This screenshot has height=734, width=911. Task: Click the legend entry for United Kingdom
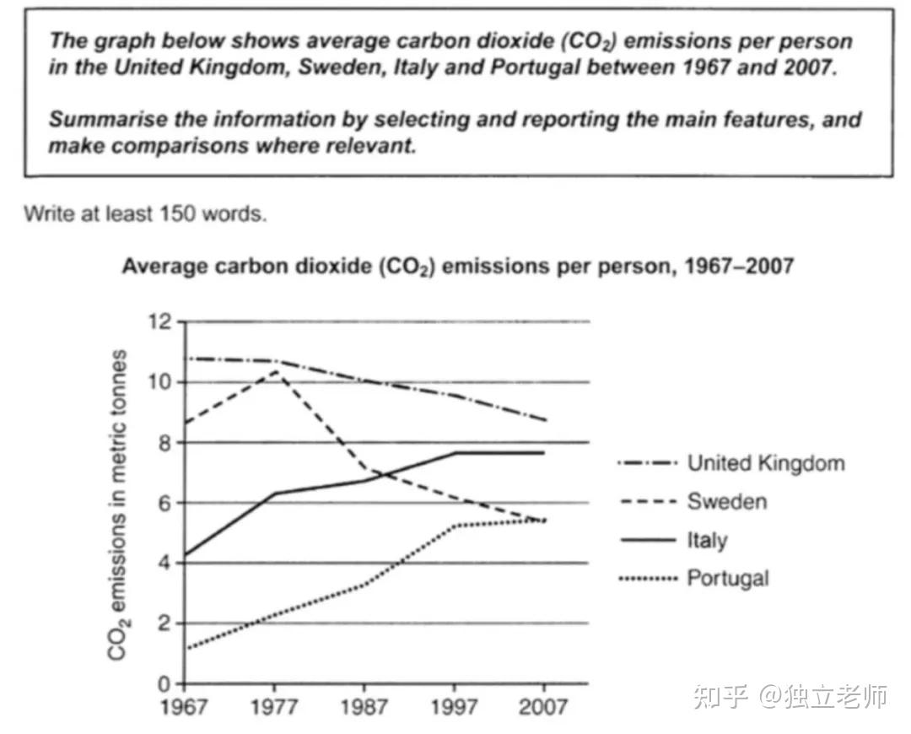[765, 462]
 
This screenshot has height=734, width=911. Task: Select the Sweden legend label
[726, 501]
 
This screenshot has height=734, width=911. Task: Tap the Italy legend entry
[707, 540]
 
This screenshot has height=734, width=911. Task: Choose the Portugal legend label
[728, 578]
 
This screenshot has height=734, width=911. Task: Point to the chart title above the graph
[457, 267]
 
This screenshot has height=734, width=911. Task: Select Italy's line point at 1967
[185, 556]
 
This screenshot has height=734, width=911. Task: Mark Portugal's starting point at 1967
[185, 648]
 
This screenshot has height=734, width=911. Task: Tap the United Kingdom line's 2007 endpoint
[545, 420]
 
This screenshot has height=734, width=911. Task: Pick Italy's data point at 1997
[455, 453]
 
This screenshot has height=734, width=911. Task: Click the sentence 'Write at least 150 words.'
[145, 213]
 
